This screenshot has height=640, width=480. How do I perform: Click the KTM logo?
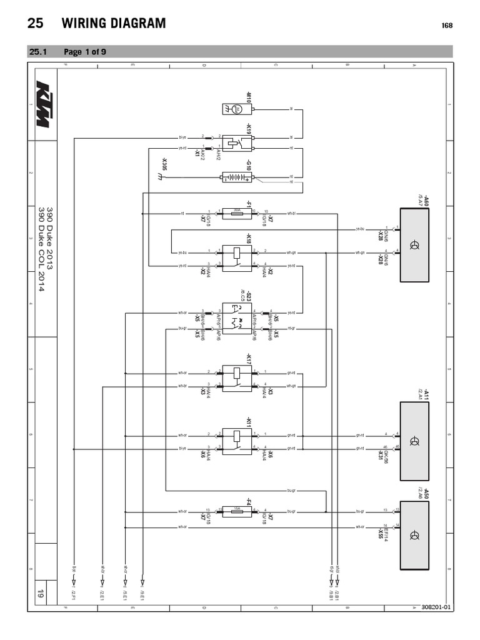point(42,104)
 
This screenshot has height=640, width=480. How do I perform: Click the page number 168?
point(447,26)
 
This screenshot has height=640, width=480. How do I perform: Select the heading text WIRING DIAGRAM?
point(114,24)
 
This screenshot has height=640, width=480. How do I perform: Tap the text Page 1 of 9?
point(84,52)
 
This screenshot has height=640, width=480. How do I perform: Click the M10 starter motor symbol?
point(237,109)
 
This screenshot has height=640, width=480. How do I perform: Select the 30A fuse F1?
point(237,213)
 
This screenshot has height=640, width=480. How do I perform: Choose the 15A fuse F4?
point(237,512)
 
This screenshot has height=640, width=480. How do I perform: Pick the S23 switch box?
point(237,318)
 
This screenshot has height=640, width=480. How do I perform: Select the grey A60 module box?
point(414,244)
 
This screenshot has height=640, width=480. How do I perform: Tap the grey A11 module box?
point(414,441)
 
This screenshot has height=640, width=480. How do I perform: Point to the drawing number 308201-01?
point(436,607)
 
